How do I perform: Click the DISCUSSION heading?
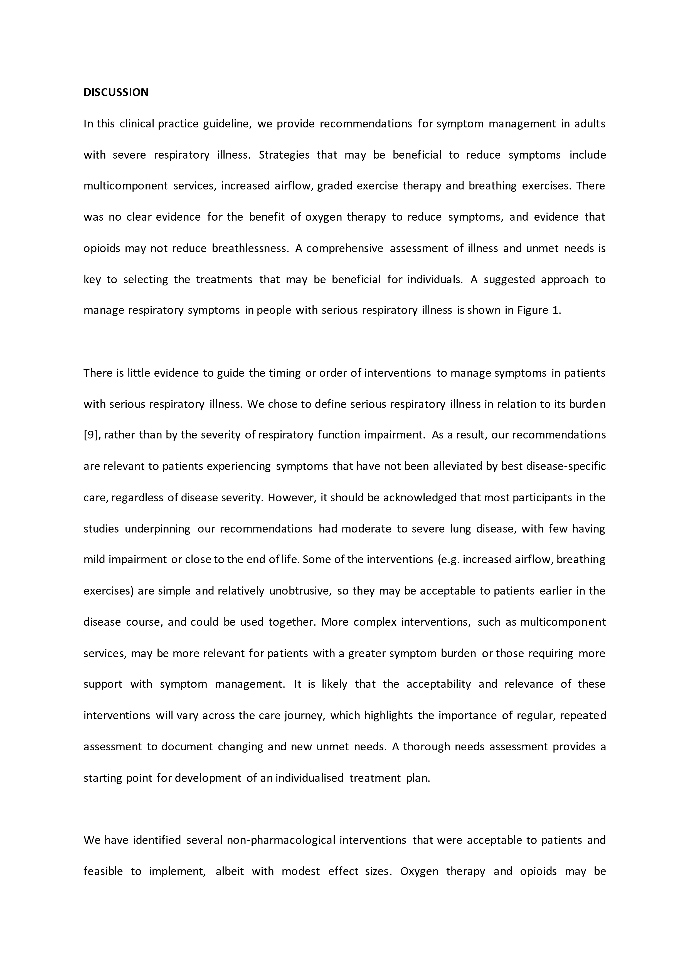point(116,92)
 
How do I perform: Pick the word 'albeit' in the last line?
point(230,871)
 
